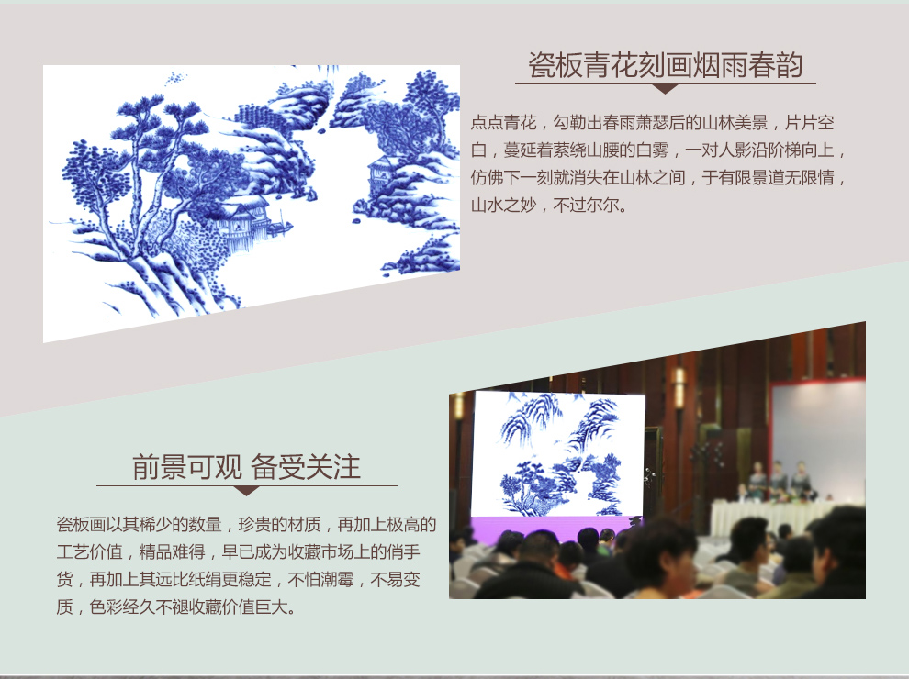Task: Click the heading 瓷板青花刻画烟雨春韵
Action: point(665,65)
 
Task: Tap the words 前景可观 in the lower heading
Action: point(186,467)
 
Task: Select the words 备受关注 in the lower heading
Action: point(306,467)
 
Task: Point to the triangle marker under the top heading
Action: point(665,89)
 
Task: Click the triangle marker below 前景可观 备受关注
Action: point(246,491)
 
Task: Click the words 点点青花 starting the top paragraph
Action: point(504,123)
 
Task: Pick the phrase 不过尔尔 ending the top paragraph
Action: point(586,206)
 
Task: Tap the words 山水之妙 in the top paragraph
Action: point(504,206)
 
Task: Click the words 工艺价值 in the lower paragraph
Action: point(89,551)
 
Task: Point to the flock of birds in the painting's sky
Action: point(176,78)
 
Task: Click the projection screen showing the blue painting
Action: point(558,453)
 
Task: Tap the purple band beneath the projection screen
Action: point(551,529)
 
